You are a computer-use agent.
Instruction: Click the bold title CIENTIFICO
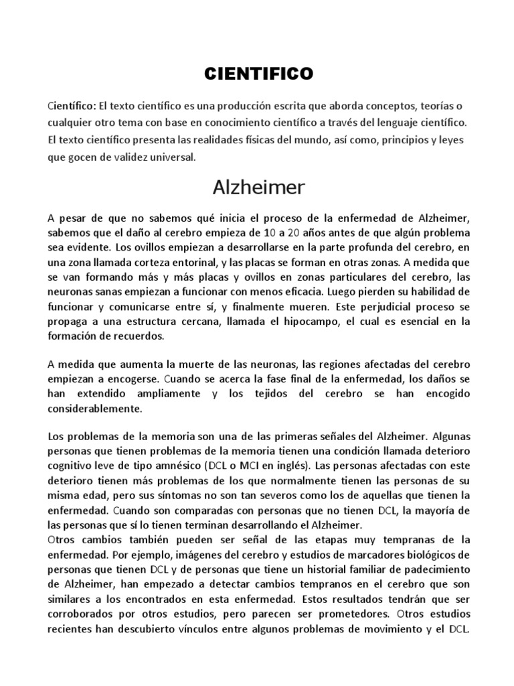[258, 74]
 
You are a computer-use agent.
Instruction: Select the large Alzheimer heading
[258, 188]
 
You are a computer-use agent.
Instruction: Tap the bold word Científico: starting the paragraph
[72, 107]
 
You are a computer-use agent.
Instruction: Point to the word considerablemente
[94, 408]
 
